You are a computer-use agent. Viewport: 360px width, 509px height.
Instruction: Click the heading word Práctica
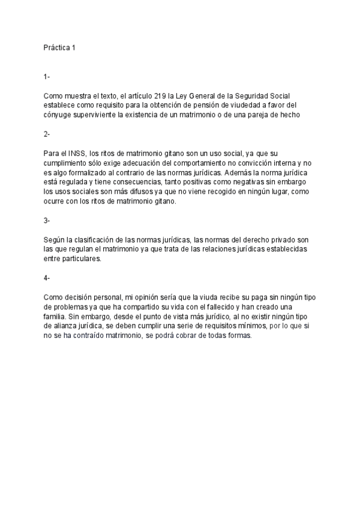(x=56, y=47)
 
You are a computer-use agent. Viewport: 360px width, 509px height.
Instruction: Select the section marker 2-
(x=47, y=134)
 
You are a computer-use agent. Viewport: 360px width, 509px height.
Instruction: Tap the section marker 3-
(x=47, y=220)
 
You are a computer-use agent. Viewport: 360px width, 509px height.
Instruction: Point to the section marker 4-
(x=47, y=278)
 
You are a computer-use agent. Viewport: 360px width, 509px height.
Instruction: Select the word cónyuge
(x=58, y=115)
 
